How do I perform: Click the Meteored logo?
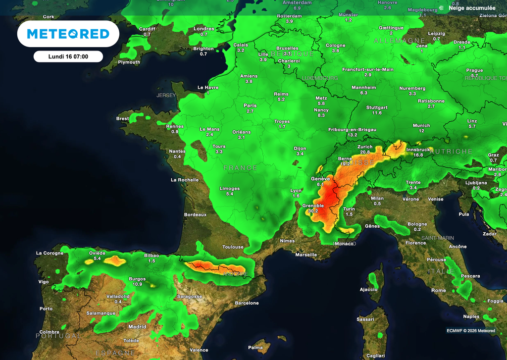tap(68, 34)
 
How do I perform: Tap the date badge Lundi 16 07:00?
tap(68, 56)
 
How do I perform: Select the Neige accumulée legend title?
tap(472, 8)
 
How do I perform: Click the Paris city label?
tap(250, 105)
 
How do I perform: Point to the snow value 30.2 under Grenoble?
tap(313, 211)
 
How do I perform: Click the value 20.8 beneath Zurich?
tap(365, 152)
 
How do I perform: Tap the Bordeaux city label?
tap(195, 214)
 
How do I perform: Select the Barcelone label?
tap(247, 303)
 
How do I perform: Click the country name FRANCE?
tap(241, 168)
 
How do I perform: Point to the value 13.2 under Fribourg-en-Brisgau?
tap(353, 135)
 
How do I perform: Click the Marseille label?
tap(306, 255)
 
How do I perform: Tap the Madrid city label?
tap(137, 327)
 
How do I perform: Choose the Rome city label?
tap(438, 290)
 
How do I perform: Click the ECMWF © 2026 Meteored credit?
tap(470, 331)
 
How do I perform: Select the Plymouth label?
tap(129, 62)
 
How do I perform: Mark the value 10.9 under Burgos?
tap(138, 284)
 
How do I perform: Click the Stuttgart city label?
tap(377, 107)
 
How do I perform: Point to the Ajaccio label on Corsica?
tap(368, 289)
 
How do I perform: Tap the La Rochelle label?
tap(185, 180)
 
